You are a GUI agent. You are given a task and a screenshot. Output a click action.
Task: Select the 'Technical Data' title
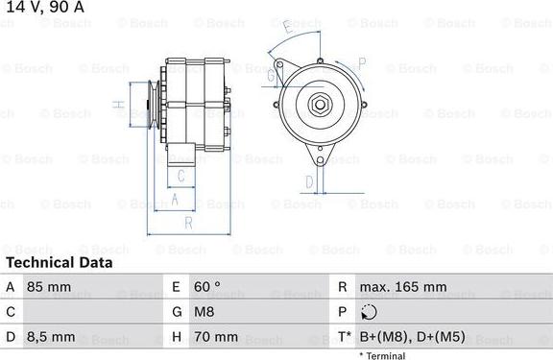tap(60, 262)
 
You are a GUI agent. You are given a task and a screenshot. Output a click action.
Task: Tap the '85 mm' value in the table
tap(48, 287)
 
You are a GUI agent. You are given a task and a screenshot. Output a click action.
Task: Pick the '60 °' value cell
tap(207, 287)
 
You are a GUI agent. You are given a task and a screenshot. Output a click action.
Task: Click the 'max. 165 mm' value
tap(402, 287)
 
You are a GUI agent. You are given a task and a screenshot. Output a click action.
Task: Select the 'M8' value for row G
tap(204, 312)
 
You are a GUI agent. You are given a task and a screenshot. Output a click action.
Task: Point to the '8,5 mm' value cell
tap(51, 337)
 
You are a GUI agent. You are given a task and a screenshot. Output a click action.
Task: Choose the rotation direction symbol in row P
tap(371, 312)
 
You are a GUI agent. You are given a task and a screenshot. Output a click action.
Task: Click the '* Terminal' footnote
tap(382, 355)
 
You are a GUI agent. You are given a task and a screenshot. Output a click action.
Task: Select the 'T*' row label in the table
tap(343, 337)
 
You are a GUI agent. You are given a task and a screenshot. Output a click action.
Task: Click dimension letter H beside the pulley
tap(117, 104)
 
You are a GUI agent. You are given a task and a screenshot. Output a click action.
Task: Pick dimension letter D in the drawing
tap(309, 181)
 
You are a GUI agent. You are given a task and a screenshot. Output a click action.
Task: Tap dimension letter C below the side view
tap(180, 175)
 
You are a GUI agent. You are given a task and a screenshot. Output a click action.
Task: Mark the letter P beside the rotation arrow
tap(361, 63)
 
